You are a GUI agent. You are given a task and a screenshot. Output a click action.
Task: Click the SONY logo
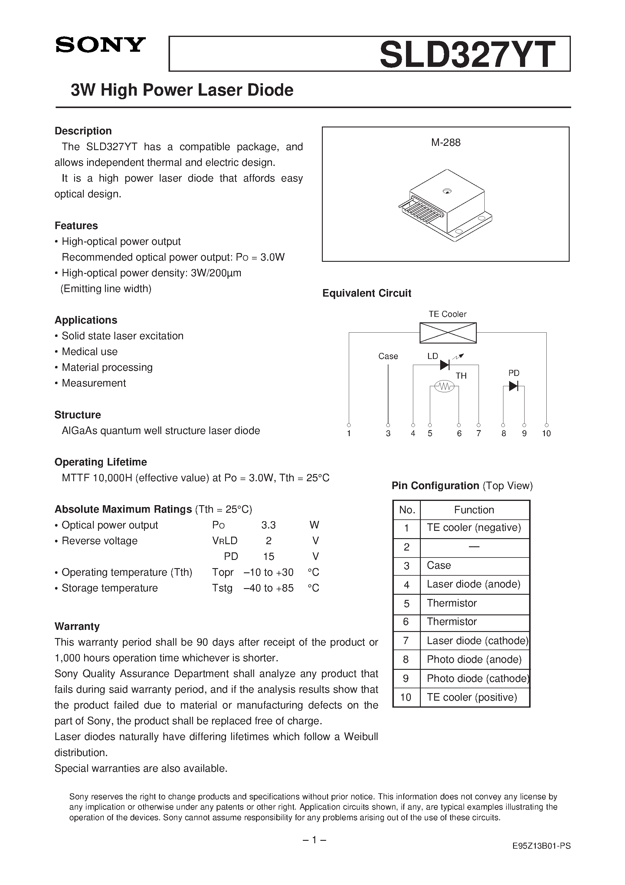tap(100, 45)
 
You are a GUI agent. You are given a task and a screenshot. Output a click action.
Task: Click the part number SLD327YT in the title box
tap(467, 55)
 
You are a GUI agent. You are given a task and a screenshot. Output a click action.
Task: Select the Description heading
tap(83, 131)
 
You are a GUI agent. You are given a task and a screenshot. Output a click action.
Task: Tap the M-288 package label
tap(446, 143)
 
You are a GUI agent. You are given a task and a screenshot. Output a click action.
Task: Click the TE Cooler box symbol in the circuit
tap(448, 333)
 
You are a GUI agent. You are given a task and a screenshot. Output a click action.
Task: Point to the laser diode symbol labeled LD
tap(445, 365)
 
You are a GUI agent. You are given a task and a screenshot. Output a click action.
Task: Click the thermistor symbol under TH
tap(445, 386)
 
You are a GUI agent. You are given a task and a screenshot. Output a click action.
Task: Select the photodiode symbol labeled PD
tap(513, 386)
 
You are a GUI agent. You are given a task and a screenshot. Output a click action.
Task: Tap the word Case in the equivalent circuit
tap(388, 356)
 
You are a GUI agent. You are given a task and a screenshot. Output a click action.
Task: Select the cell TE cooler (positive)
tap(472, 697)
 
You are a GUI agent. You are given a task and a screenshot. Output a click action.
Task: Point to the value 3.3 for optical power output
tap(268, 525)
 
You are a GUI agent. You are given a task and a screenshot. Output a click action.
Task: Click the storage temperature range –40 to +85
tap(269, 588)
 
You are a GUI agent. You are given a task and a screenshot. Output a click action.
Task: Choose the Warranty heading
tap(77, 626)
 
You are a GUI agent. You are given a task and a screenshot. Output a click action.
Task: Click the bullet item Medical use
tap(90, 351)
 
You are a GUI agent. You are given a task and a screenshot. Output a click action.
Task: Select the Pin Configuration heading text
tap(435, 486)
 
